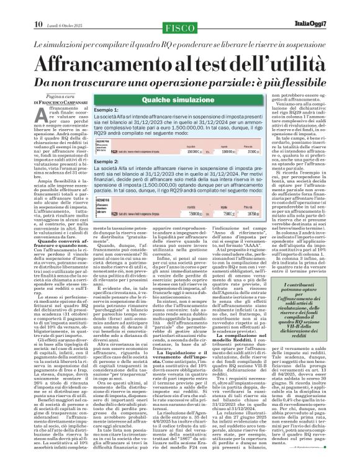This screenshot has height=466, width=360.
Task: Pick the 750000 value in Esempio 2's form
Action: tap(194, 212)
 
